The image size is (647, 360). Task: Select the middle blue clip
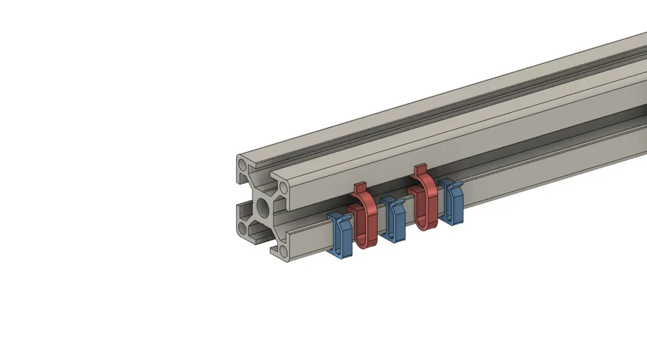point(393,219)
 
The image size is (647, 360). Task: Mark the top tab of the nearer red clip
point(360,188)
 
